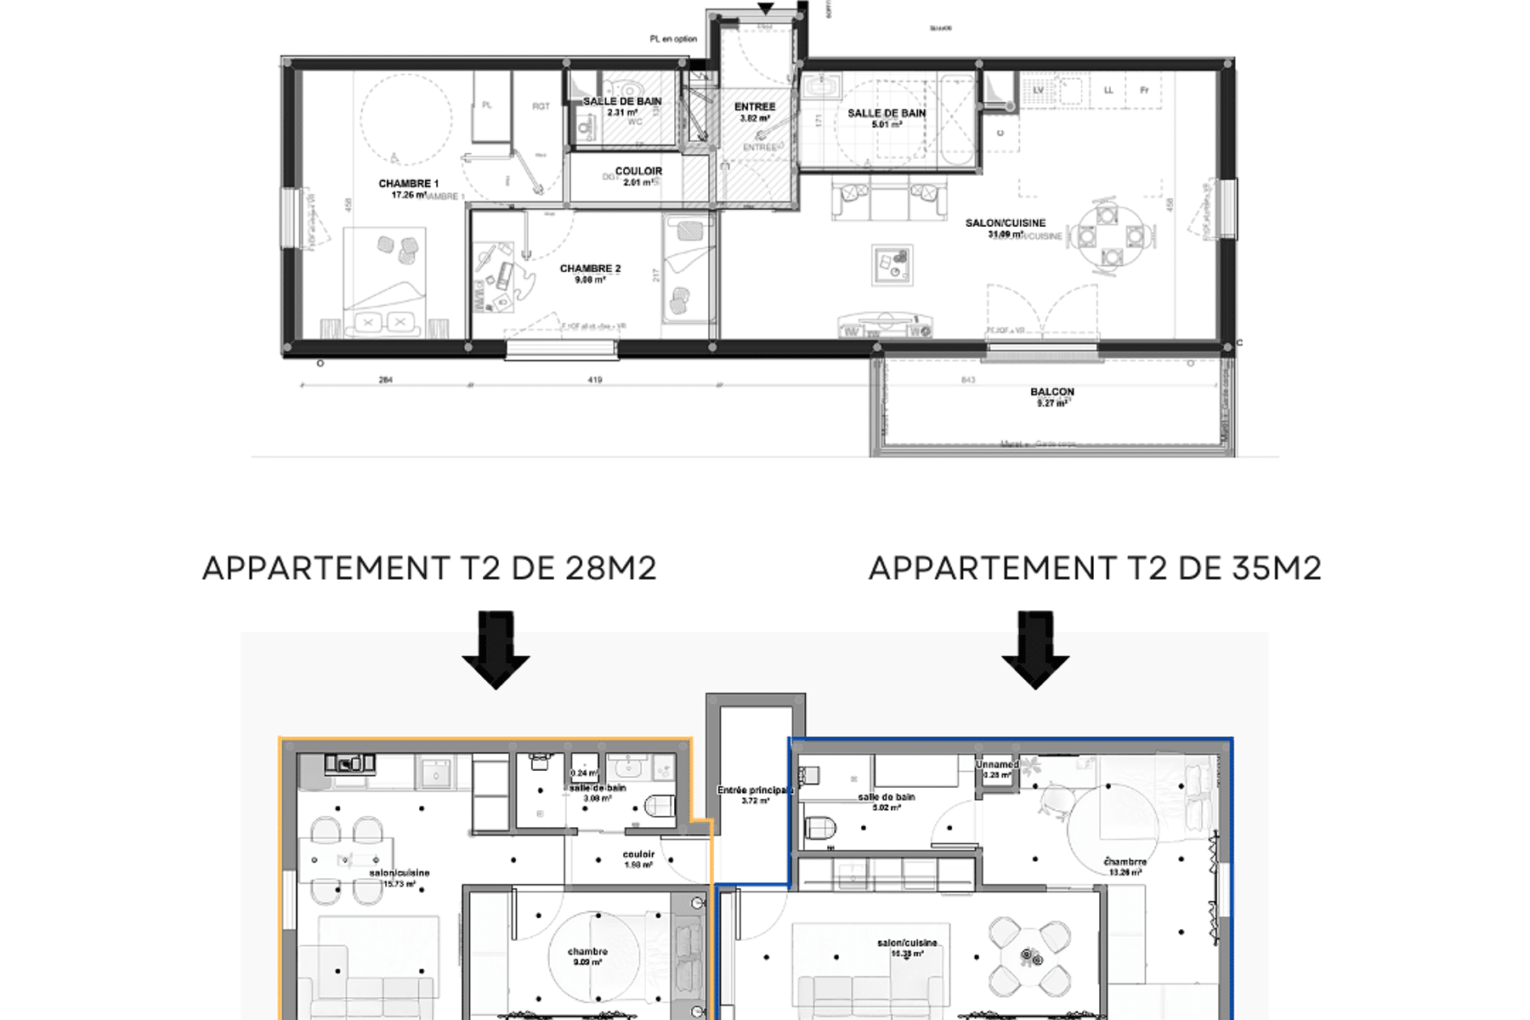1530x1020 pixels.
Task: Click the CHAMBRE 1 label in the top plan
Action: point(409,184)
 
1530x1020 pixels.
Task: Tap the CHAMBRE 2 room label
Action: point(590,269)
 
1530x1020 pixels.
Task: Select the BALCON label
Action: point(1052,393)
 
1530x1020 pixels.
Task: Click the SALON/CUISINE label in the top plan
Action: point(1006,224)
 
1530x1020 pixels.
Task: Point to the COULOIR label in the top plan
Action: point(638,172)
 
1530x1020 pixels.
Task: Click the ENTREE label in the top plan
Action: point(755,107)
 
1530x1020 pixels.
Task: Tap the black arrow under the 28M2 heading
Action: point(496,649)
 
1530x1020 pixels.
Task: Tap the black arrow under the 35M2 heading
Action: point(1035,649)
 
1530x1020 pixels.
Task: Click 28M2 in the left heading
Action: point(611,569)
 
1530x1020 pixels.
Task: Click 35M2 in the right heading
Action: point(1277,569)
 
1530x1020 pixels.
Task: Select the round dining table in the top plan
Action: point(1112,236)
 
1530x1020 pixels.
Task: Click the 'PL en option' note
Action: point(673,39)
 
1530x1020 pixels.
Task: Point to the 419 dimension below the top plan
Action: point(595,380)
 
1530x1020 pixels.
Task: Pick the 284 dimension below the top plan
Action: point(386,380)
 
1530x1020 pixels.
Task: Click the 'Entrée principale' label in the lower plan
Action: point(755,790)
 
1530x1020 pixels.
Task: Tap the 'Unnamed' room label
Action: point(997,765)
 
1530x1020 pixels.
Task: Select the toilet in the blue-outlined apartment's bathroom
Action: point(820,826)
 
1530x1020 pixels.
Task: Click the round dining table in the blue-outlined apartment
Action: point(1031,956)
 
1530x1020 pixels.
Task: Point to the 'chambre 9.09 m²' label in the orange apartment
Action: point(587,952)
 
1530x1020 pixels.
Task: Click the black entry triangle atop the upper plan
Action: point(766,9)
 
